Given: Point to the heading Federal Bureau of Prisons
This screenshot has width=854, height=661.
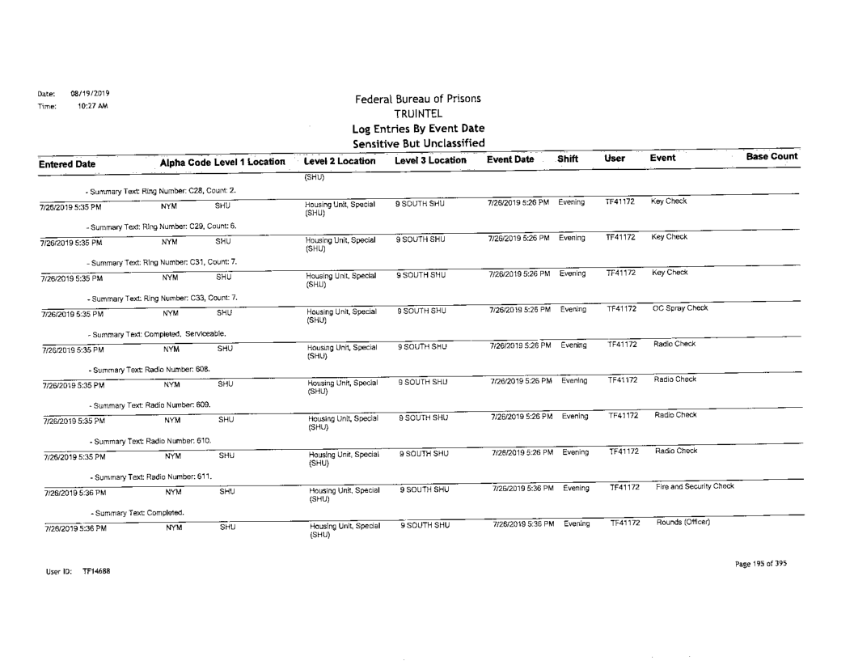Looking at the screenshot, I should click(413, 100).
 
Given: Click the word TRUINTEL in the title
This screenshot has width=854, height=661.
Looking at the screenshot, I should click(413, 115).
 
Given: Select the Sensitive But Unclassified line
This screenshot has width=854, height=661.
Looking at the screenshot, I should click(414, 144).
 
